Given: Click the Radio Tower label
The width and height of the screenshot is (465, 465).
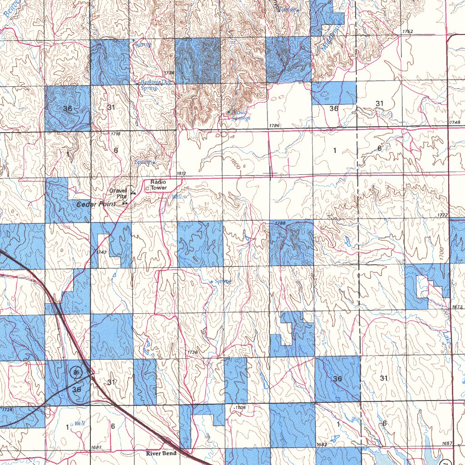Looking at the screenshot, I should pos(159,185).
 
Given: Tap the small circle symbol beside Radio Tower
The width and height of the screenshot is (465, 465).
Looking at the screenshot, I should pos(147,188).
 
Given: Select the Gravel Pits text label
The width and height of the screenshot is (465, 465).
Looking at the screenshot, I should pos(118,193).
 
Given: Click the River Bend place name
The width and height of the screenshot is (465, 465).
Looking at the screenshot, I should pos(161,453).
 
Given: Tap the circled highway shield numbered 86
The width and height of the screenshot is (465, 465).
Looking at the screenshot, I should pos(76,372).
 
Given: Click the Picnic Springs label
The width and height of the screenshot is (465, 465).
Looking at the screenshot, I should pos(240,115).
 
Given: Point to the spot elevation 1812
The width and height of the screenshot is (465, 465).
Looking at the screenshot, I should pos(181,174).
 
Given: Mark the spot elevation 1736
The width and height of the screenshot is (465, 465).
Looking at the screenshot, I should pos(169,73).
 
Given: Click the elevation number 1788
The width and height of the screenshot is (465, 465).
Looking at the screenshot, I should pos(280,223).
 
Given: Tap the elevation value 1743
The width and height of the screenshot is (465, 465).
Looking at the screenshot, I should pos(102,252).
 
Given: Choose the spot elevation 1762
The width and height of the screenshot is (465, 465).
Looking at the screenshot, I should pos(407,31).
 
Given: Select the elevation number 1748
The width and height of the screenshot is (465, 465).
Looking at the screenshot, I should pos(455,123).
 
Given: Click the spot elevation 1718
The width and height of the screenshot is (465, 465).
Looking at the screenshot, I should pos(115,134).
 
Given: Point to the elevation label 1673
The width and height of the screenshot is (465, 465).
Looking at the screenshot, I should pos(457,307).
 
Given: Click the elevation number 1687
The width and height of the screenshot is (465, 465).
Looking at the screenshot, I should pos(96,447).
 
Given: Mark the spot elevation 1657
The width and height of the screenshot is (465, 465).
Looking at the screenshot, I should pos(446,443).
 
